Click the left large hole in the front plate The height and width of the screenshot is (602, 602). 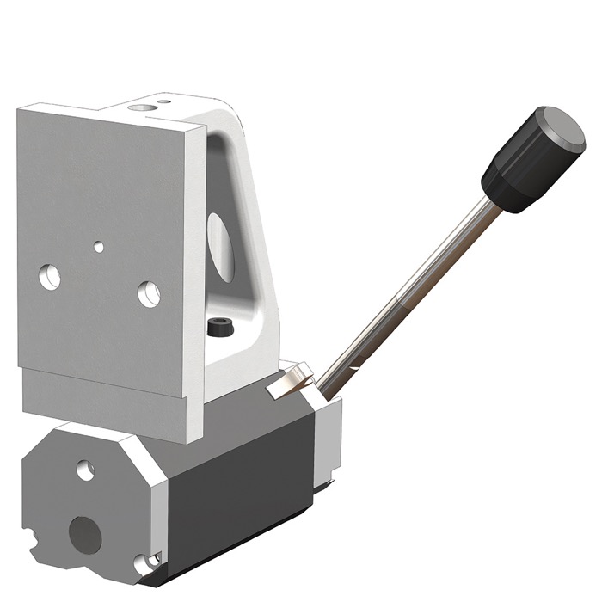point(51,276)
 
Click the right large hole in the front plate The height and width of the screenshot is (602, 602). point(149,294)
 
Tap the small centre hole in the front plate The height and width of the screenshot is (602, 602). point(99,247)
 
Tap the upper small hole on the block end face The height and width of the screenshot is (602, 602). point(84,470)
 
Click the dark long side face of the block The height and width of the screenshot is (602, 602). point(241,482)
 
